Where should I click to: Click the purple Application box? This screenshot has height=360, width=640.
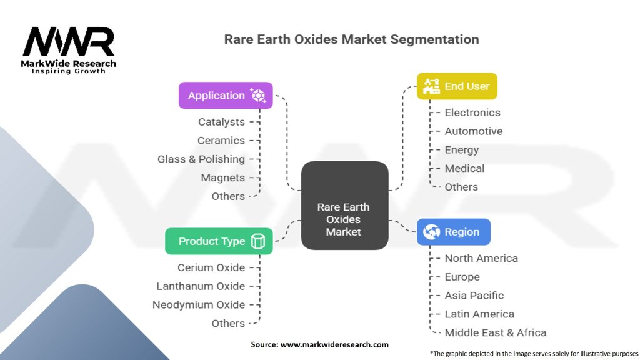click(226, 96)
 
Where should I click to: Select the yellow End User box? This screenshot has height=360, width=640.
click(457, 86)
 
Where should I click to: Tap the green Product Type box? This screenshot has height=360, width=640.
click(219, 241)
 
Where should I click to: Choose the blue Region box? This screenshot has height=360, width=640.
click(454, 232)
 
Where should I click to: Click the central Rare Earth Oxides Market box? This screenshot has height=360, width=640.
click(345, 205)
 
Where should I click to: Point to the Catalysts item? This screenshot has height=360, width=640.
click(222, 122)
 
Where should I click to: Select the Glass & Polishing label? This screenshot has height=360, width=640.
click(201, 159)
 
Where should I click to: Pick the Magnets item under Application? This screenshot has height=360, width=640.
click(223, 177)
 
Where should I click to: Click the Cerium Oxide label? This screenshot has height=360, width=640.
click(211, 267)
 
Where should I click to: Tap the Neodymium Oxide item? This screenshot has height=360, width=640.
click(199, 304)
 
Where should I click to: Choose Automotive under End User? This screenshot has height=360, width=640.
click(474, 131)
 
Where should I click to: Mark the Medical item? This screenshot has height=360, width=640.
click(464, 168)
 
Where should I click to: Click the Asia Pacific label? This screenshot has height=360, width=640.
click(474, 295)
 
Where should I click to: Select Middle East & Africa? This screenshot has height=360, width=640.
click(496, 332)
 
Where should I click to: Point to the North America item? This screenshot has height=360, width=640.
click(481, 258)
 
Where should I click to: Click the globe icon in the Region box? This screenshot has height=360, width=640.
click(431, 232)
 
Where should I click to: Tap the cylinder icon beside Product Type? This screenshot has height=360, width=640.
click(258, 241)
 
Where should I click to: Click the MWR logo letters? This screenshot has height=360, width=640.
click(69, 41)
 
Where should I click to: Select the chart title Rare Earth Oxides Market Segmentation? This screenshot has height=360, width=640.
click(351, 39)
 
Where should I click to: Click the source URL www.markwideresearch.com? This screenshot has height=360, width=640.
click(334, 344)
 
